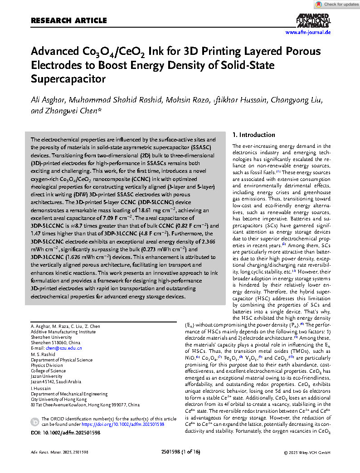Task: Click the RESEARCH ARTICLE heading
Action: (68, 20)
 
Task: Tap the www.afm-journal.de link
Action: (308, 32)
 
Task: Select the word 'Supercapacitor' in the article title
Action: (68, 79)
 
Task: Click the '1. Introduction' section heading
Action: (253, 135)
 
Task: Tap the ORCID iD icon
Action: (35, 422)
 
